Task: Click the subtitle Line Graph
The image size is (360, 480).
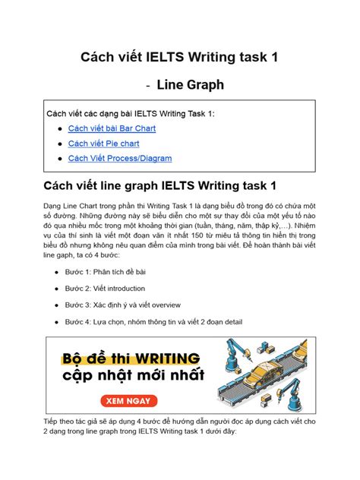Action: (x=190, y=85)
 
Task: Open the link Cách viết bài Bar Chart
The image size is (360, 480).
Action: (x=112, y=128)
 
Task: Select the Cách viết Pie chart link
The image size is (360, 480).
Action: (x=103, y=143)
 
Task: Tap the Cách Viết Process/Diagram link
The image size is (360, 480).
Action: (x=119, y=158)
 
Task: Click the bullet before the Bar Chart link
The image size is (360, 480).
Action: (x=59, y=129)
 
